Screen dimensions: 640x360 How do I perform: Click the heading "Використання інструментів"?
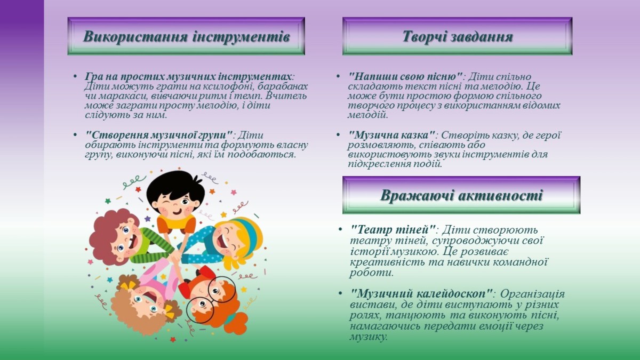coord(187,37)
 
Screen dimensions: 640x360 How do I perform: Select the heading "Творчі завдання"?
coord(458,37)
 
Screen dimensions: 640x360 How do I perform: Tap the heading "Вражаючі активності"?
coord(461,195)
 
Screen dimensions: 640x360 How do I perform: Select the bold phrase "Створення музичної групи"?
coord(159,135)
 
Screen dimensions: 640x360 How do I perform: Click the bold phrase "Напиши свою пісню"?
coord(405,77)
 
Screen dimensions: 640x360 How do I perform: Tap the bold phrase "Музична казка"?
coord(391,135)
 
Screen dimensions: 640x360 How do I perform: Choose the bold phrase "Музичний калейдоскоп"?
coord(422,293)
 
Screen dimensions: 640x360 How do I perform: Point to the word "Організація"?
coord(533,293)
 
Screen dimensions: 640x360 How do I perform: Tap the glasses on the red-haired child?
coord(211,299)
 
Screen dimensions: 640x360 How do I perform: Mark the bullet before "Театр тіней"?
coord(340,229)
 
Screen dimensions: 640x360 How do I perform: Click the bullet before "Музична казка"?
coord(338,135)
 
